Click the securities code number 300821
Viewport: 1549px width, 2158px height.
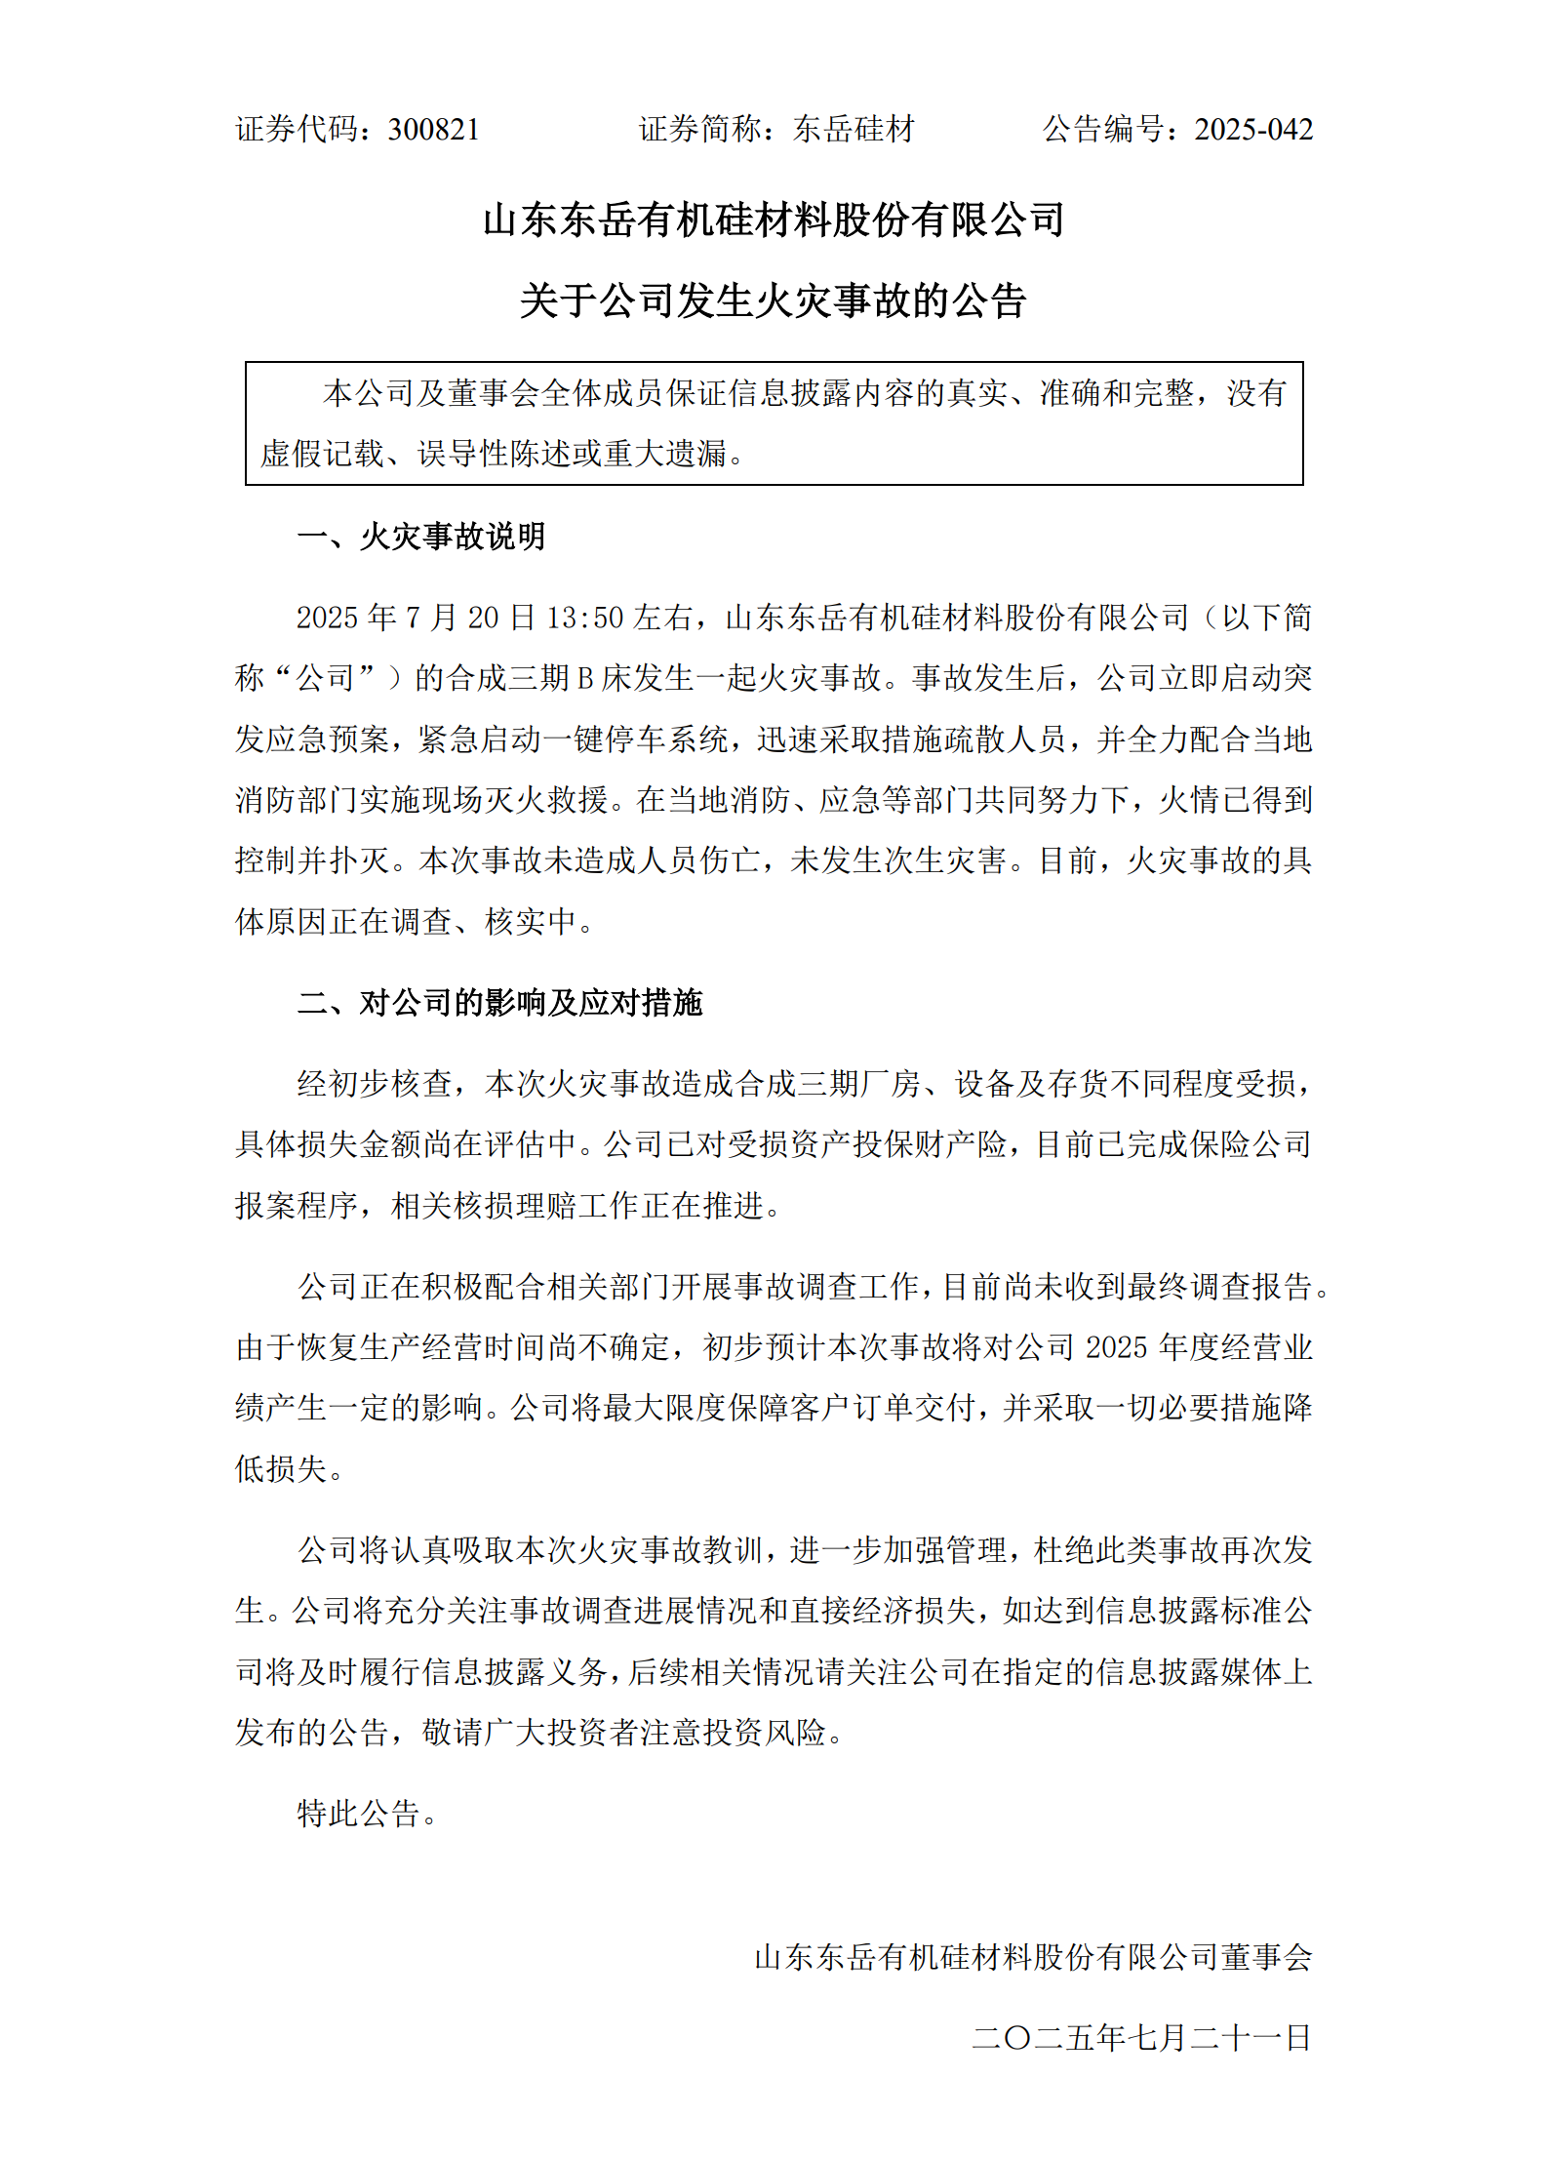(x=433, y=130)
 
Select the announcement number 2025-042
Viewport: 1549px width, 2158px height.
(x=1253, y=130)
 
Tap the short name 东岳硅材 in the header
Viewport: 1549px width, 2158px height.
(x=854, y=130)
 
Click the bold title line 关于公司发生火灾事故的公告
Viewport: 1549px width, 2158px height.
(x=773, y=300)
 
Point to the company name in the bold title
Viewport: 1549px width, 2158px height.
(x=773, y=220)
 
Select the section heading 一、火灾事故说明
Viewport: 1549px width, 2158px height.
(x=421, y=537)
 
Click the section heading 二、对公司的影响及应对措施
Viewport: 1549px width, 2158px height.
(x=499, y=1003)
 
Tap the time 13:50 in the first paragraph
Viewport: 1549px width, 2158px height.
(x=584, y=618)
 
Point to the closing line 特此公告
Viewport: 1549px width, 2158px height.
(x=367, y=1814)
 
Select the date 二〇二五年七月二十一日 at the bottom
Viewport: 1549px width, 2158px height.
(x=1141, y=2037)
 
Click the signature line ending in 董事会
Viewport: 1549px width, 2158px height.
(x=1033, y=1956)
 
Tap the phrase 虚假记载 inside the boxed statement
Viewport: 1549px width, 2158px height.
(x=322, y=454)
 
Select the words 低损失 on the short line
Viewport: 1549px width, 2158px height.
(x=282, y=1468)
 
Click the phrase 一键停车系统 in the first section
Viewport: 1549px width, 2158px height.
(x=634, y=739)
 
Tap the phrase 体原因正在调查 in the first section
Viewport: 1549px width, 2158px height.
(x=343, y=921)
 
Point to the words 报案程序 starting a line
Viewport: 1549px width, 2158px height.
(x=297, y=1206)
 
